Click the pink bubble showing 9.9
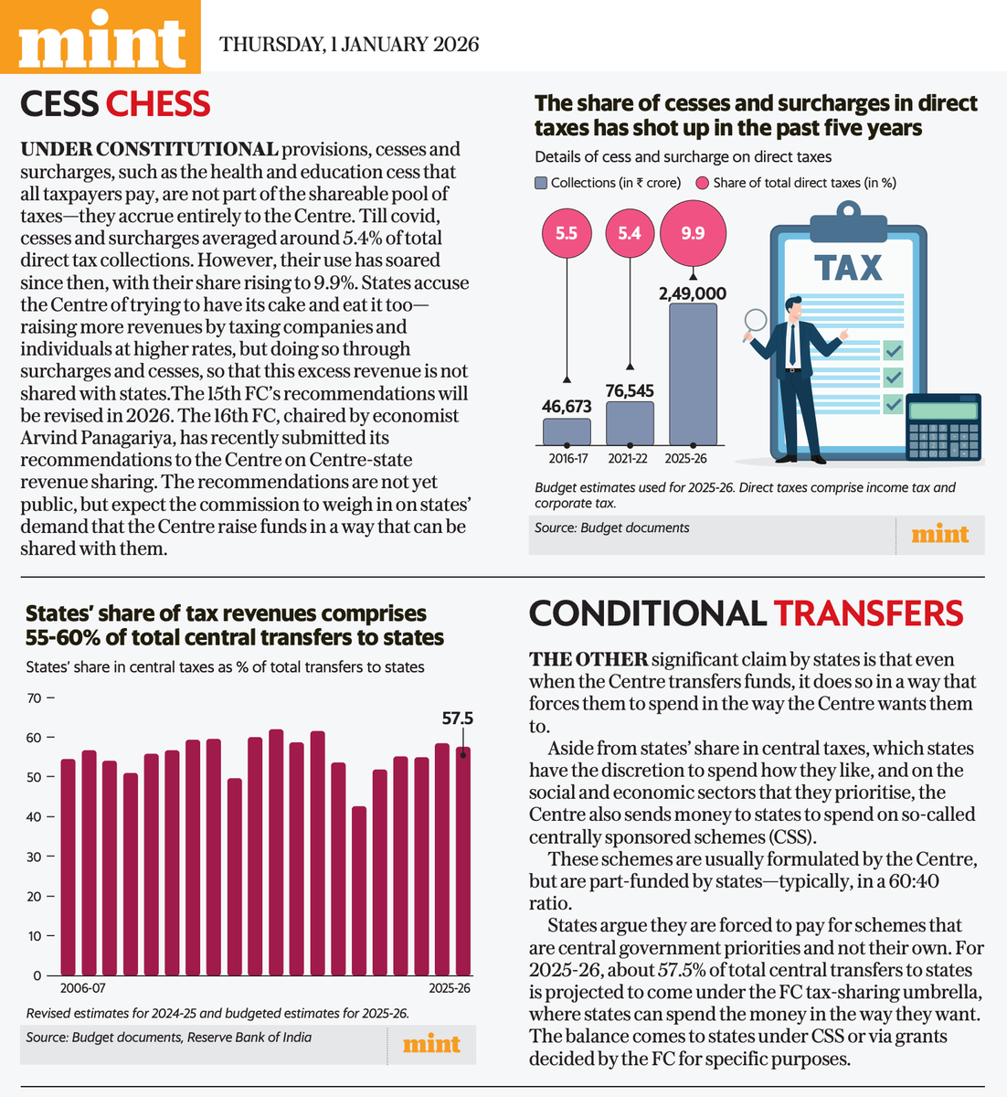(x=693, y=233)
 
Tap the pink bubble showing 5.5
(x=567, y=233)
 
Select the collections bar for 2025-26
(x=693, y=374)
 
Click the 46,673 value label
(x=567, y=406)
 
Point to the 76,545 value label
(x=630, y=390)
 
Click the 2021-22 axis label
(x=628, y=458)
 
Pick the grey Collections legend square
(x=541, y=183)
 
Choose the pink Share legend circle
(x=702, y=183)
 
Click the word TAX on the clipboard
(x=848, y=268)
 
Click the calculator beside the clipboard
(x=943, y=427)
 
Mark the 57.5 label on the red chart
(x=458, y=719)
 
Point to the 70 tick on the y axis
(x=34, y=698)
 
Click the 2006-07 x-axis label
(x=82, y=988)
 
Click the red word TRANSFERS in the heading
(x=868, y=613)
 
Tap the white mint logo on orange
(x=101, y=39)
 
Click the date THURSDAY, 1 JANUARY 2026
(x=349, y=44)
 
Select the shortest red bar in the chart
(x=359, y=890)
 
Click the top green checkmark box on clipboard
(x=893, y=350)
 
